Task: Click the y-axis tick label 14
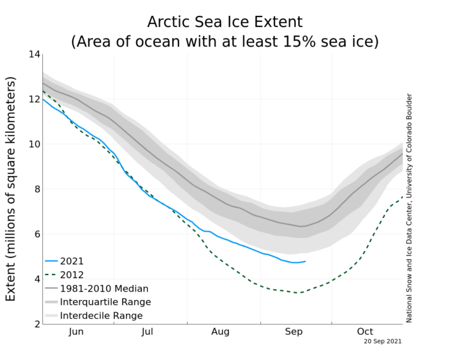click(x=34, y=55)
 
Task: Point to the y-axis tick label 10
click(x=34, y=145)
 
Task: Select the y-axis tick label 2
click(x=37, y=324)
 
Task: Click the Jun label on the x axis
click(x=76, y=332)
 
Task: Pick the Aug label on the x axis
click(x=220, y=332)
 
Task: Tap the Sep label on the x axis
click(x=294, y=332)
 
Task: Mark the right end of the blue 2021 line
click(x=306, y=261)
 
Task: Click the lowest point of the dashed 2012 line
click(x=298, y=293)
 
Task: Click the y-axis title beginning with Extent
click(x=11, y=188)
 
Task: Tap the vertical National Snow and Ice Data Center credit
click(x=410, y=208)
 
